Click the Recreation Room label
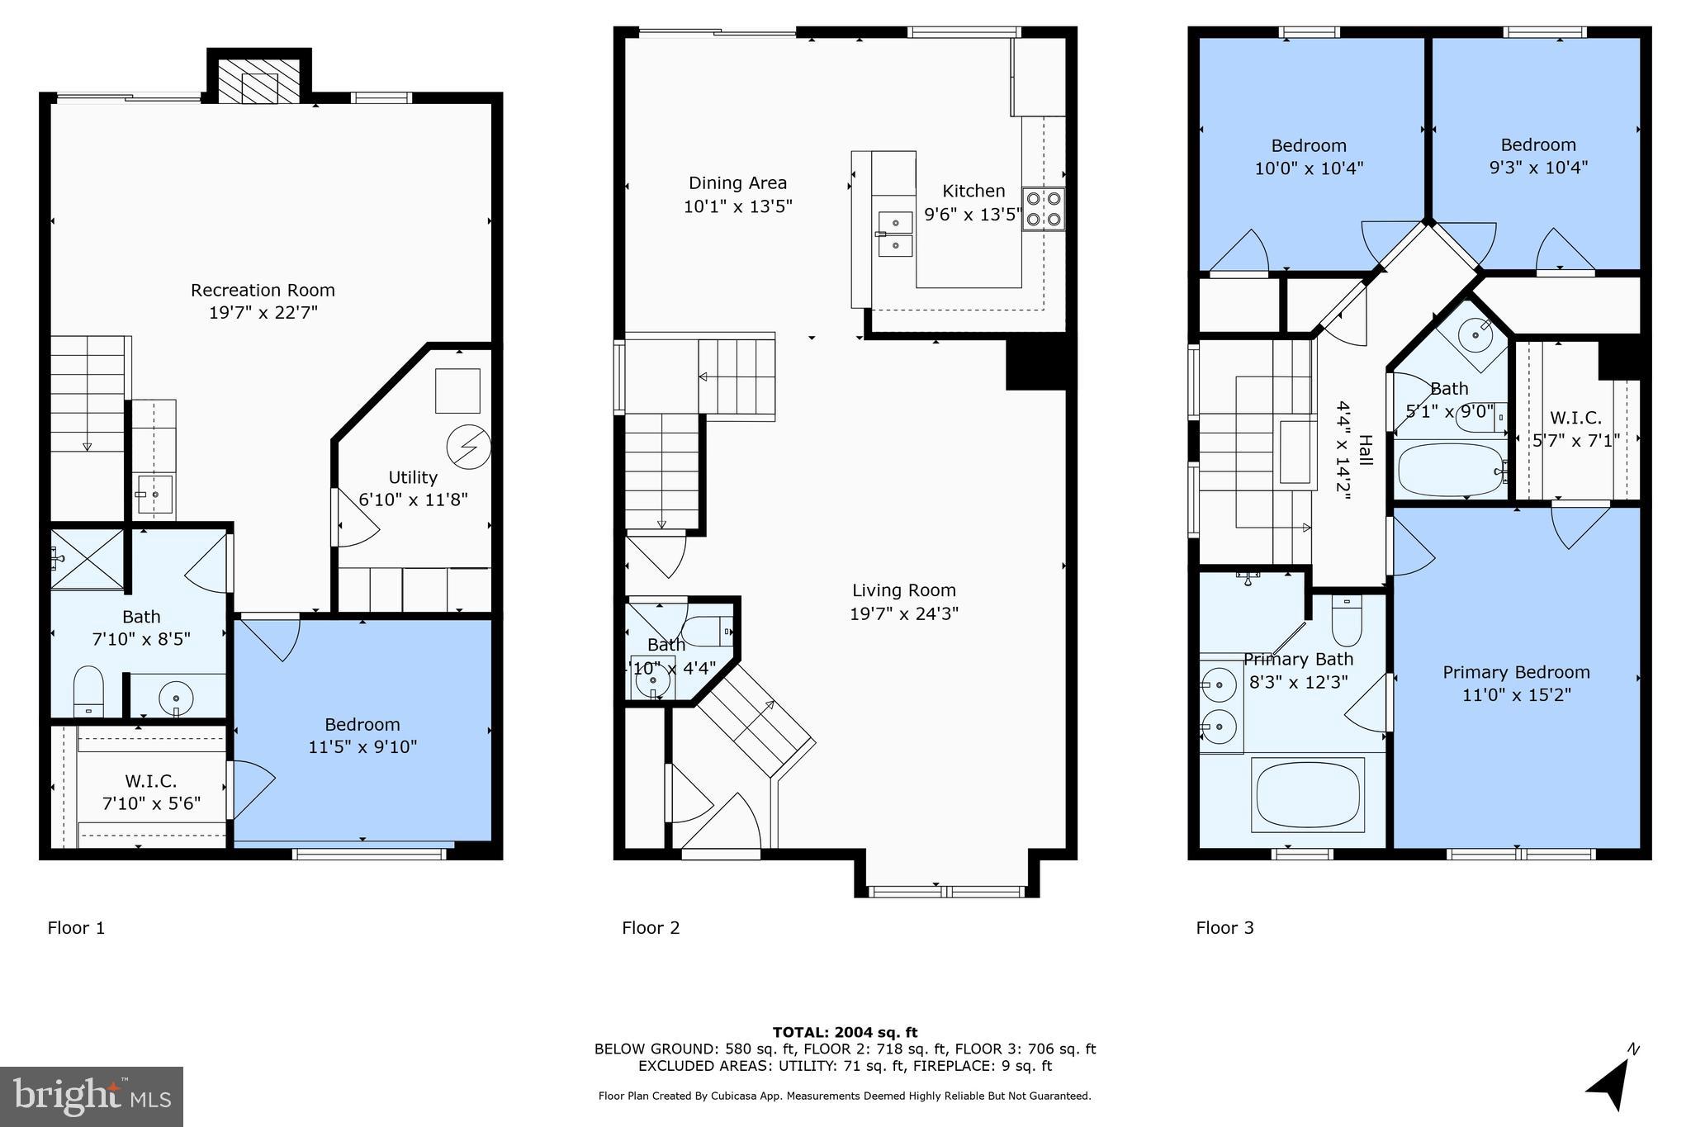tap(263, 290)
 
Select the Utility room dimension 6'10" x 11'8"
tap(413, 500)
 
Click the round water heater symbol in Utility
tap(468, 447)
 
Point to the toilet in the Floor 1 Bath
tap(88, 689)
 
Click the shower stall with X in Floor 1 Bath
tap(87, 559)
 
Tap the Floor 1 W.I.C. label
tap(151, 780)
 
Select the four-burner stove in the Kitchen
tap(1043, 209)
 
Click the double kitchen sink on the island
tap(895, 234)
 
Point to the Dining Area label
tap(737, 182)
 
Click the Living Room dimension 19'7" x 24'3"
tap(903, 613)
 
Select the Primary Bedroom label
tap(1516, 672)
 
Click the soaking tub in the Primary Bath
tap(1308, 794)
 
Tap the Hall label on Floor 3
tap(1365, 450)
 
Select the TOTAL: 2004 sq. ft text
tap(845, 1032)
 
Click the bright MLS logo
tap(92, 1096)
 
